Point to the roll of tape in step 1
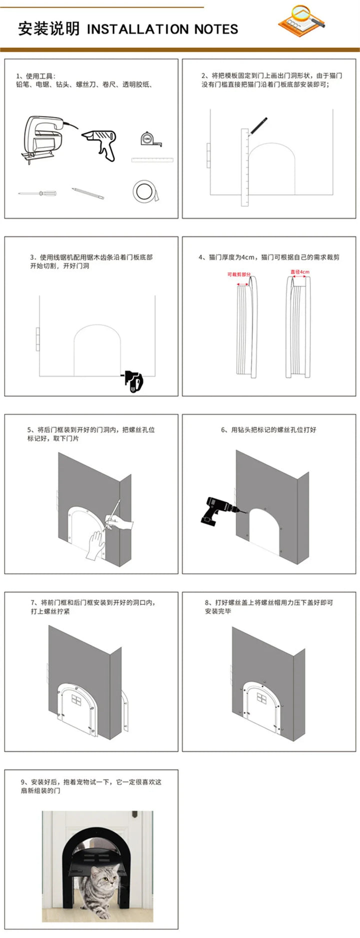(144, 191)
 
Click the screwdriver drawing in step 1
(37, 192)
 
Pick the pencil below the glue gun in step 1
(87, 193)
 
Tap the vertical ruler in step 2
(244, 167)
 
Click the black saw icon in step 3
(134, 381)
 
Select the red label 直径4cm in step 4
(300, 272)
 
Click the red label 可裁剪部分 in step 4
(239, 274)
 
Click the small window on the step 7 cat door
(76, 698)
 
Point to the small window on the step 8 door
(261, 697)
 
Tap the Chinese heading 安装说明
(48, 29)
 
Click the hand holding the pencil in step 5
(120, 523)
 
